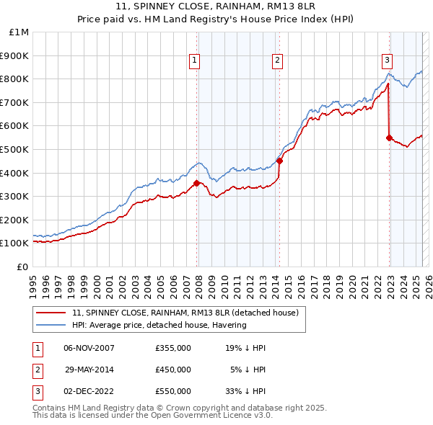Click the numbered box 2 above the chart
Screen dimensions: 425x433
coord(278,61)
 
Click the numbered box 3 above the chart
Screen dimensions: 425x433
coord(388,61)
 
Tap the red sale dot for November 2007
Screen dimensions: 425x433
coord(196,183)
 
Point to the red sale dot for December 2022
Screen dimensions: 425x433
coord(389,138)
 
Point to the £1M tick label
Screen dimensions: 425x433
coord(19,32)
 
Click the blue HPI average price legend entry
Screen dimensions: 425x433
coord(159,325)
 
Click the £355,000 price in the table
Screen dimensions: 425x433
coord(173,348)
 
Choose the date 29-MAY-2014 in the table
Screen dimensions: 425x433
coord(89,370)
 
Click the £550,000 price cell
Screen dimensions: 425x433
coord(173,391)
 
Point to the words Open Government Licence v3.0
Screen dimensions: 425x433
coord(216,416)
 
